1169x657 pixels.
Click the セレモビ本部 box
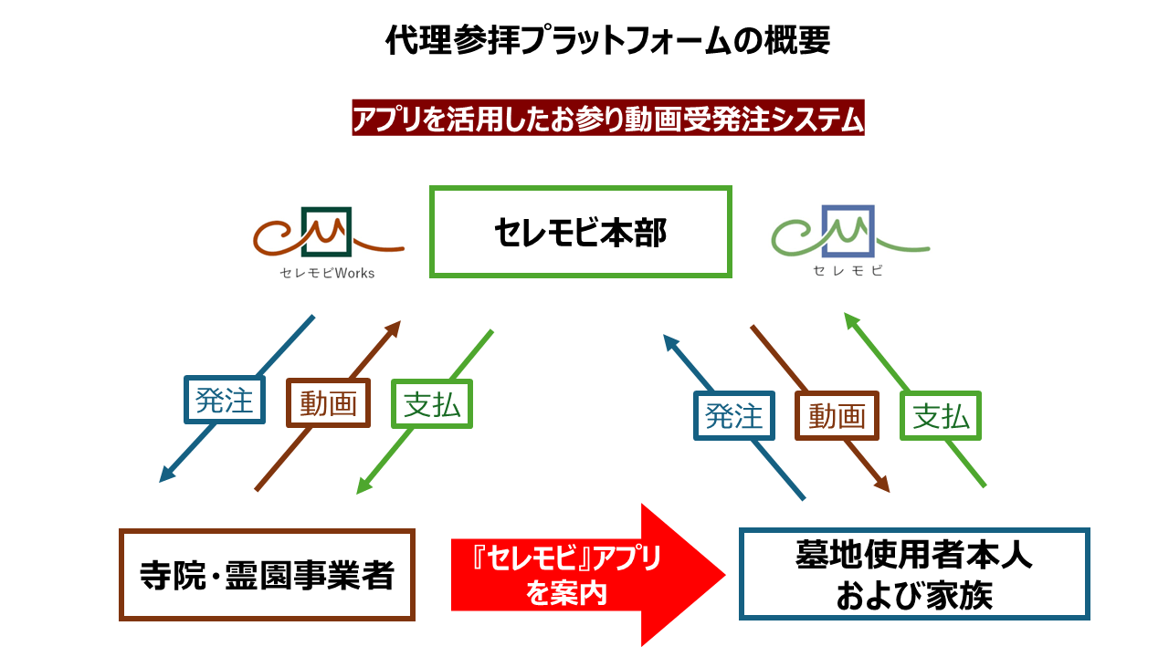click(x=581, y=233)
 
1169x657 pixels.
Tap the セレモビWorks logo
click(x=327, y=241)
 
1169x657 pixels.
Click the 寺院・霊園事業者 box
click(x=267, y=575)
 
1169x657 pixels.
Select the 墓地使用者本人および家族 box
click(x=914, y=575)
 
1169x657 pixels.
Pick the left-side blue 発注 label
click(x=225, y=401)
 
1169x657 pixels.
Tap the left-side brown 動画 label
click(x=329, y=403)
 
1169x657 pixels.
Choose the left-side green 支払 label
click(x=432, y=403)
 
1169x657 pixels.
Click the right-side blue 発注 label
click(x=733, y=416)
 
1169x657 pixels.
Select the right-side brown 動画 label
click(x=837, y=416)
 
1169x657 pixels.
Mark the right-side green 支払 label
click(x=941, y=416)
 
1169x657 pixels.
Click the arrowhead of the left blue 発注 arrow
click(x=166, y=475)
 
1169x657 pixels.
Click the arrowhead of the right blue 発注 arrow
click(x=669, y=340)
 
